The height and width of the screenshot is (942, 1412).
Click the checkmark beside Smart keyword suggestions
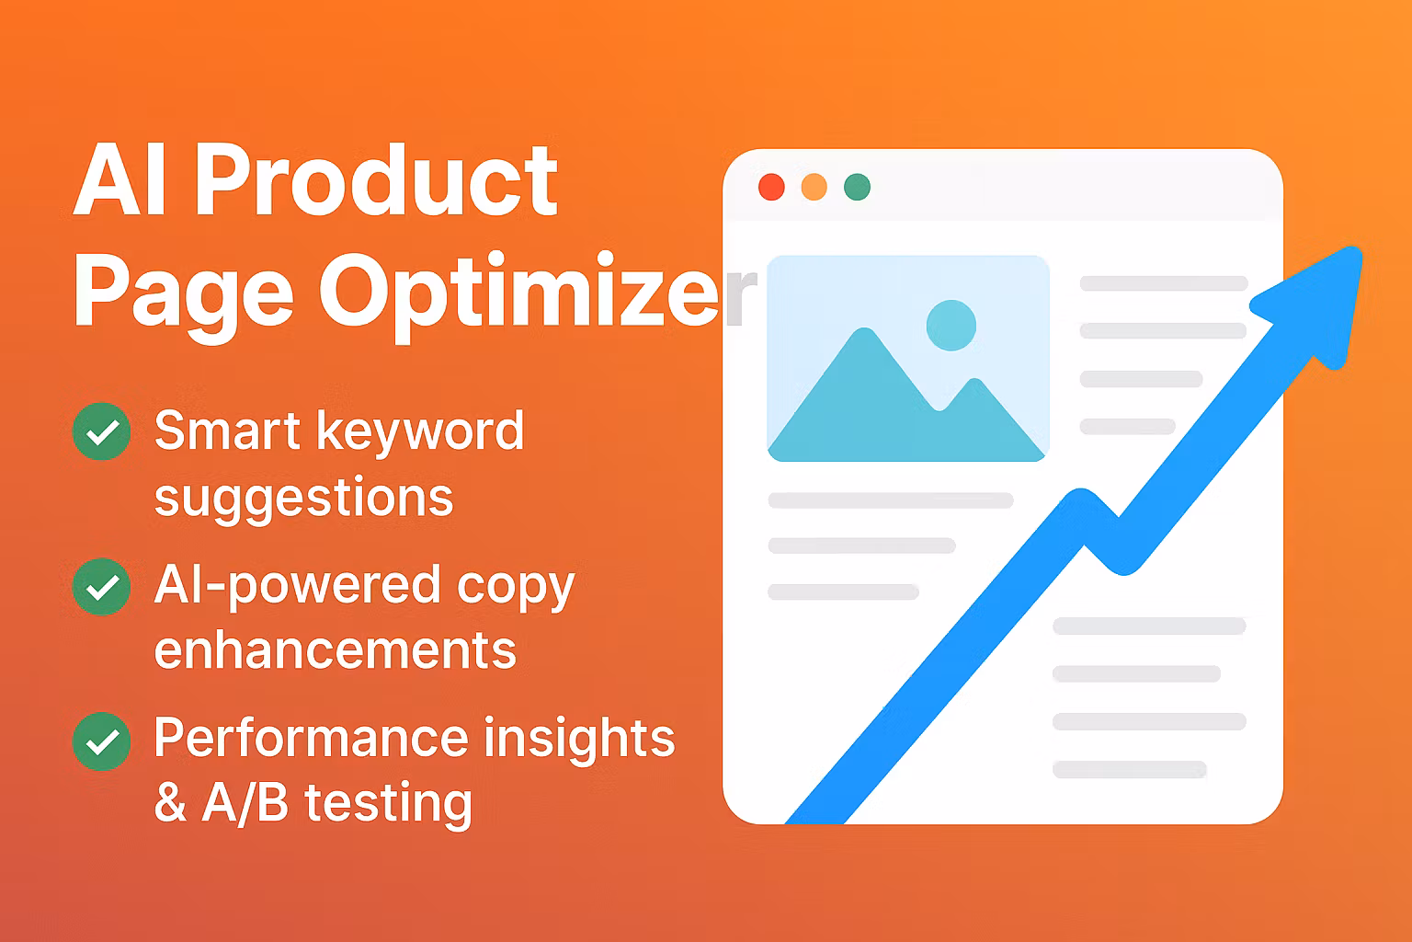[x=101, y=431]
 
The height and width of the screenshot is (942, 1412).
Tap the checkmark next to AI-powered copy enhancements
[x=101, y=586]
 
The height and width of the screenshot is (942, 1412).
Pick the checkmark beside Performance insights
[x=101, y=741]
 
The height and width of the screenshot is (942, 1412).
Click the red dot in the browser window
[x=771, y=187]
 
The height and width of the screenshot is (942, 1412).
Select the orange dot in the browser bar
[x=814, y=187]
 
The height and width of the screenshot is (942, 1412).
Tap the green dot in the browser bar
[x=857, y=187]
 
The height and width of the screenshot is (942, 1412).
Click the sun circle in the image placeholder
[x=951, y=325]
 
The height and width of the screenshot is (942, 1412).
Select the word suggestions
[x=303, y=498]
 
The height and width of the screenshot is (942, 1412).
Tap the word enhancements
[x=335, y=649]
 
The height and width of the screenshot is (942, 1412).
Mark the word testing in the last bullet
[x=388, y=803]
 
